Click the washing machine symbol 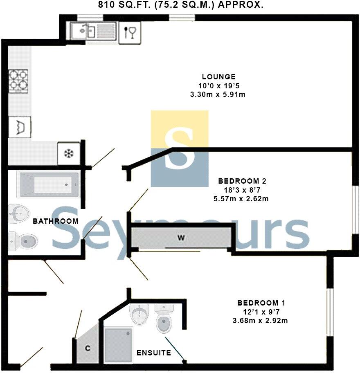[x=19, y=127]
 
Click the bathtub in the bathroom [x=47, y=184]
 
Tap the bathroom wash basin [x=19, y=213]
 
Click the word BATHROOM [x=56, y=221]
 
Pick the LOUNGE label [x=218, y=76]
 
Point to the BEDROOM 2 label [x=239, y=181]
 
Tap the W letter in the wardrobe [x=180, y=238]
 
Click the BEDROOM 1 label [x=261, y=303]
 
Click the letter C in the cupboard [x=88, y=348]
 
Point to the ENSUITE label [x=154, y=353]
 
